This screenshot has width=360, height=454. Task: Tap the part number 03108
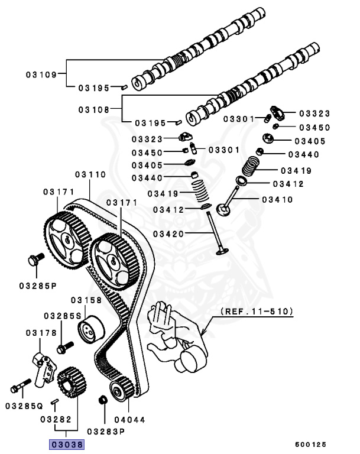click(94, 109)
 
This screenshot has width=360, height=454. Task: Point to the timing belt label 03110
click(90, 175)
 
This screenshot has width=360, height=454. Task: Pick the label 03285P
click(37, 286)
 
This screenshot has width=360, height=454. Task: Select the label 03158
click(86, 300)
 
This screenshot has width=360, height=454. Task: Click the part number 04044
click(129, 420)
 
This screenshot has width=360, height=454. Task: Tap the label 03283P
click(106, 431)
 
